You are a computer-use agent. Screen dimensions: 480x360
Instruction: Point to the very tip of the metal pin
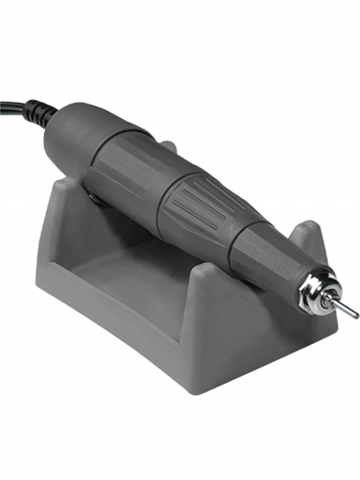(x=356, y=316)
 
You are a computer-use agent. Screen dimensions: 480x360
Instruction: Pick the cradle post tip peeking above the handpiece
(x=167, y=144)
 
